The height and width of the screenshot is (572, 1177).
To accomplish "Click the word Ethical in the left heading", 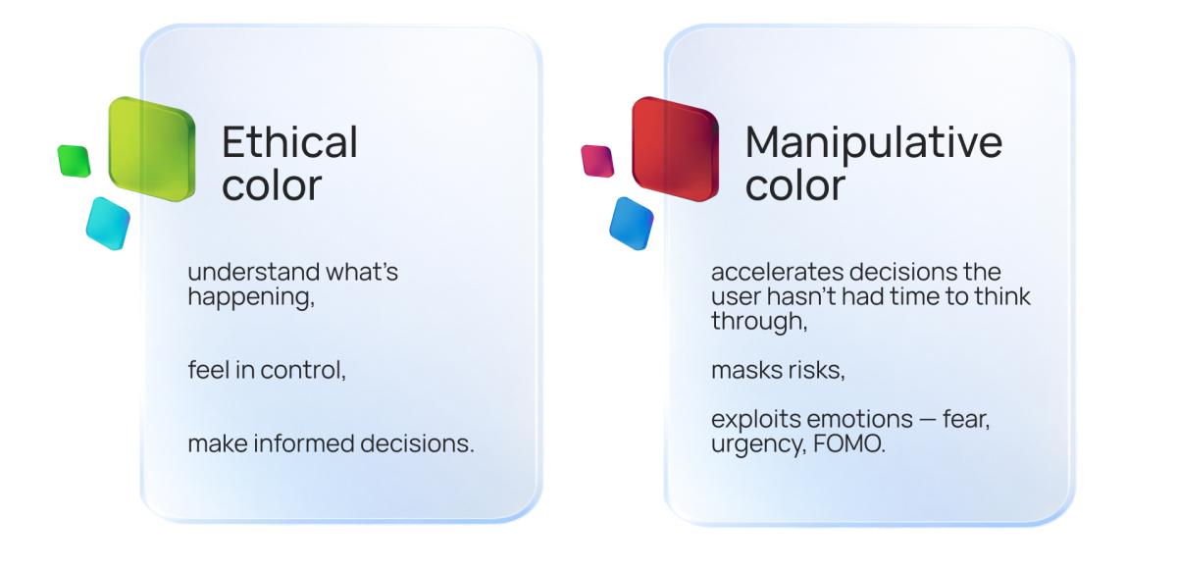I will click(289, 143).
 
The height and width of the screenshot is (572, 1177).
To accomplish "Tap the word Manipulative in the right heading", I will click(873, 143).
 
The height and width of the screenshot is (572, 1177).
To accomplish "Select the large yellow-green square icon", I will click(151, 148).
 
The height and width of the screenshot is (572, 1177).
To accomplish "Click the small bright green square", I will click(74, 161).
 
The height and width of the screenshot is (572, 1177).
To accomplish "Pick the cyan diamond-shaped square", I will click(107, 223).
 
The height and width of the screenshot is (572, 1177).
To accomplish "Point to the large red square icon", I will click(674, 148).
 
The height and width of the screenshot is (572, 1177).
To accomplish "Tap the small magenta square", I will click(596, 161).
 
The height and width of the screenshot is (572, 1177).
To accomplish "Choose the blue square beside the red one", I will click(631, 223).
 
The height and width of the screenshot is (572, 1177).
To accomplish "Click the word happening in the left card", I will click(251, 296).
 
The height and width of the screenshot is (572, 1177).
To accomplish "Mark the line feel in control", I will click(267, 372).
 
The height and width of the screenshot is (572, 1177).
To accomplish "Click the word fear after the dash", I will click(966, 420).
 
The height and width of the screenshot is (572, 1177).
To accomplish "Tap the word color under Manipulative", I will click(794, 186).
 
